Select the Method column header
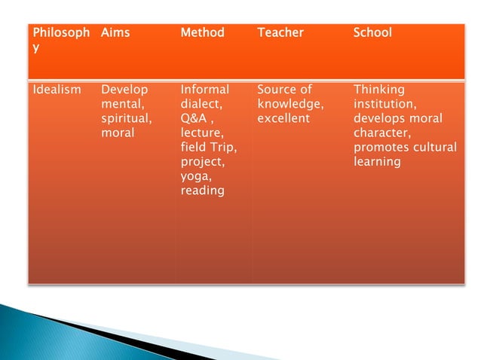pos(203,33)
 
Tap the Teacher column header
pos(280,33)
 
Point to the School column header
pos(373,33)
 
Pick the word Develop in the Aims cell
pos(125,90)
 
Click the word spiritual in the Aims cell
pos(126,119)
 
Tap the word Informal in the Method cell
pos(205,90)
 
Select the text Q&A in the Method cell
pos(195,119)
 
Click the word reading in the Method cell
pos(203,191)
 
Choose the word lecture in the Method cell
pos(200,133)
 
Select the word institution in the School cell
pos(384,105)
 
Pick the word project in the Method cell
pos(202,162)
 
